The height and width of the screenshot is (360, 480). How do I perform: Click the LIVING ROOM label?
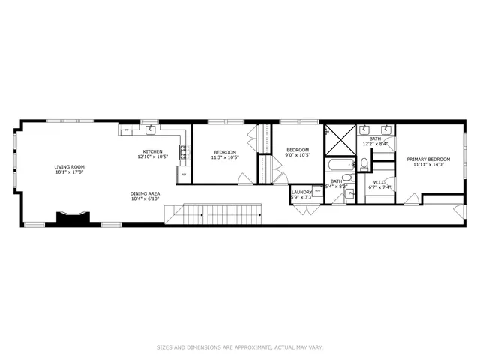69,166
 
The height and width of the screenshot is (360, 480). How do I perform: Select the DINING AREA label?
145,193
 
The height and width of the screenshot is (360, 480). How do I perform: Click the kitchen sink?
151,130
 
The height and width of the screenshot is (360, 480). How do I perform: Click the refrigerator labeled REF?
183,175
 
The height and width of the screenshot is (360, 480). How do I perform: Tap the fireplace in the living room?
73,218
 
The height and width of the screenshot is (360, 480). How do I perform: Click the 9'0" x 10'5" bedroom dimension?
298,155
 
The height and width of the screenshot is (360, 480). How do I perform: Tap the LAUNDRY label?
301,192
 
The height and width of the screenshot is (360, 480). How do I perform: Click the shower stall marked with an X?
341,139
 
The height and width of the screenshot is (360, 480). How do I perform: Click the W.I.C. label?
379,181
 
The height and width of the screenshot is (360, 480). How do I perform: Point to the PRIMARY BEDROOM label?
428,159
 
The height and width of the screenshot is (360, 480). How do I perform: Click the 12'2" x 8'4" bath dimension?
375,143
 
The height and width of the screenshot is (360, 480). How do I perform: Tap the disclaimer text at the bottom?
239,347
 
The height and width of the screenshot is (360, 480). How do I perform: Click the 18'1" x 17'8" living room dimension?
69,172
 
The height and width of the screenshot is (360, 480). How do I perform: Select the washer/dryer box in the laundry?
317,191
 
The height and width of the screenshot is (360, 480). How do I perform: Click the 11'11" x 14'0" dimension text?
428,165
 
